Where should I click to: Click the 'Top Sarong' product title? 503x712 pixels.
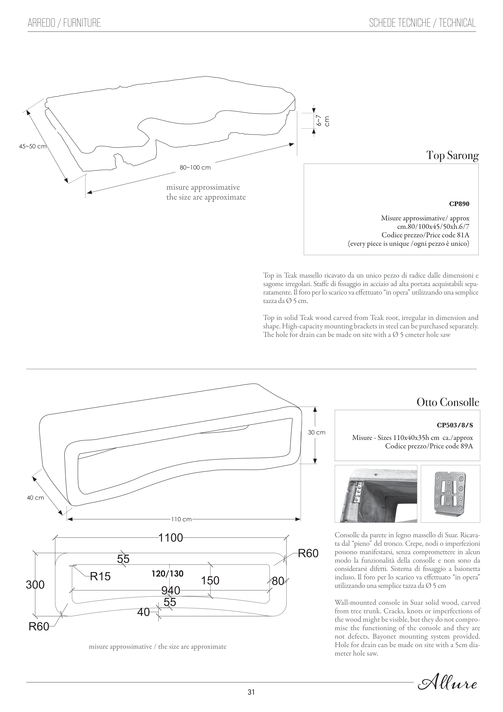[x=452, y=155]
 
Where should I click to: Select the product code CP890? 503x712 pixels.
[x=459, y=204]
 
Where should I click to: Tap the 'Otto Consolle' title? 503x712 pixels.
[x=448, y=403]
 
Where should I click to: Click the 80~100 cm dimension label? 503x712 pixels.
[x=195, y=168]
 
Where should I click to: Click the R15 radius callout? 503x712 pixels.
[x=100, y=577]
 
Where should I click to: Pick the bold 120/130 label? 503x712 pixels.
[x=167, y=574]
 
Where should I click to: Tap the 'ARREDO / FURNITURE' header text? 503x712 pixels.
[x=64, y=23]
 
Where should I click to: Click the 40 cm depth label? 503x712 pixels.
[x=35, y=498]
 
